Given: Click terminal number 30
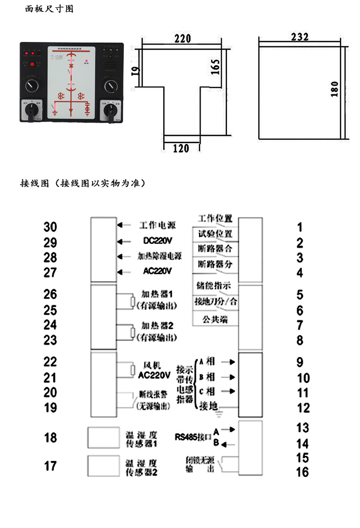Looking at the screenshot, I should (x=50, y=227).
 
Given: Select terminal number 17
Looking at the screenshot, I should (x=50, y=466).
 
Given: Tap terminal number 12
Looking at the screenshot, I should (x=303, y=408).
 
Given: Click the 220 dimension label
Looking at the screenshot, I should (x=183, y=39).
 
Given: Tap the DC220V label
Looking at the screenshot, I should (x=158, y=240).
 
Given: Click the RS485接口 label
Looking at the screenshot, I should (x=193, y=436).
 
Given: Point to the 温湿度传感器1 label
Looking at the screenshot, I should (x=142, y=439).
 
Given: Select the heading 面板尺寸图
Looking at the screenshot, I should (x=49, y=9).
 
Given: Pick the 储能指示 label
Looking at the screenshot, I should (x=213, y=286).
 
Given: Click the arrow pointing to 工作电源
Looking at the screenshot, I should (x=120, y=225).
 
